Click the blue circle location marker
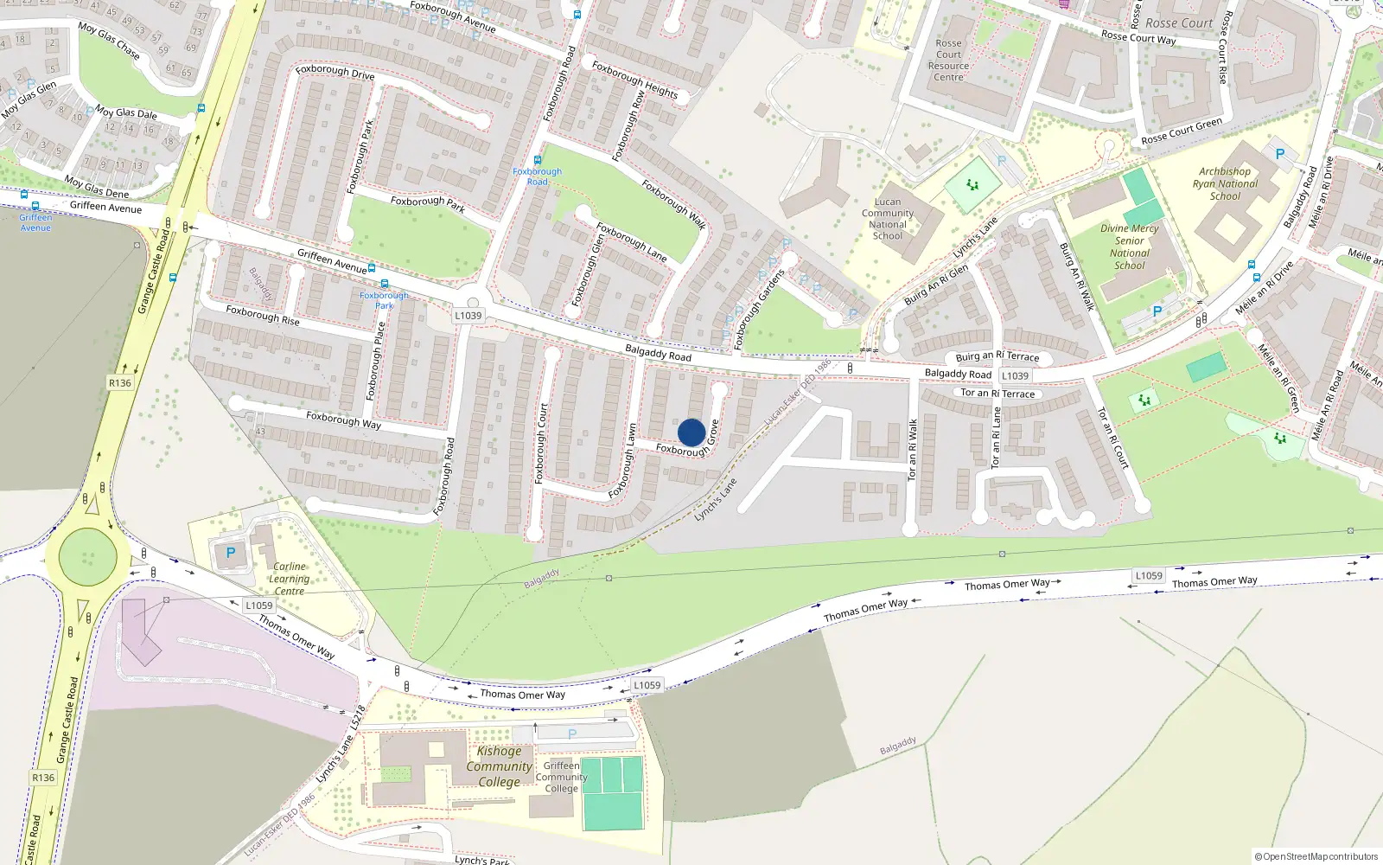pos(691,432)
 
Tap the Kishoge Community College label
pos(499,766)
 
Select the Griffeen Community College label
pos(561,777)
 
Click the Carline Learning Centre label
pos(289,579)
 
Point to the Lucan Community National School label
pos(888,219)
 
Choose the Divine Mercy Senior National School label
pos(1129,247)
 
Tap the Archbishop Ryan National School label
pos(1225,183)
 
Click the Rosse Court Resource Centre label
pos(948,60)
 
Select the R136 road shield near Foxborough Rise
pos(120,383)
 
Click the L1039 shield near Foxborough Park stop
pos(468,316)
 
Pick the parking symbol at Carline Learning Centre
pos(230,553)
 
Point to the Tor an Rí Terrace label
pos(997,394)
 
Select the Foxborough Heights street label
pos(634,80)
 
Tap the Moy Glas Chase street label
pos(109,40)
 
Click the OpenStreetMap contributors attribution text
pos(1316,856)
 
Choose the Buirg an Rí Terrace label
pos(997,356)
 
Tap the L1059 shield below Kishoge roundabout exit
pos(258,605)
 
